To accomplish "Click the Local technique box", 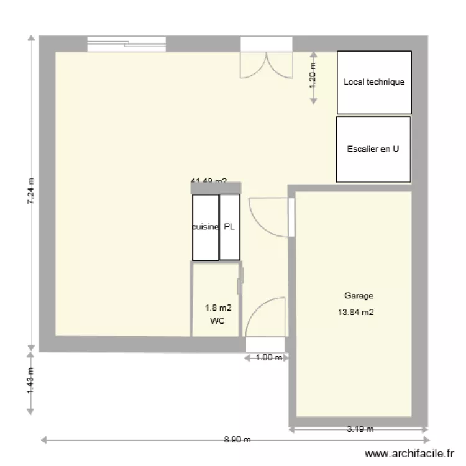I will pyautogui.click(x=373, y=81).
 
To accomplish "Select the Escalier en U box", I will pyautogui.click(x=373, y=149).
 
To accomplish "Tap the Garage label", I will pyautogui.click(x=359, y=296).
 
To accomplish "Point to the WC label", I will pyautogui.click(x=217, y=321).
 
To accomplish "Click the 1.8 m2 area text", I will pyautogui.click(x=217, y=308).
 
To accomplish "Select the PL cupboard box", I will pyautogui.click(x=230, y=227).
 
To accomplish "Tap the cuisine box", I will pyautogui.click(x=206, y=227).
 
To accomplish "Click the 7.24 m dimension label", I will pyautogui.click(x=31, y=193).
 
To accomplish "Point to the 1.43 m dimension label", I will pyautogui.click(x=31, y=383).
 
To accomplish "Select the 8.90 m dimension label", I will pyautogui.click(x=237, y=439).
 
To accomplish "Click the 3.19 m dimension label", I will pyautogui.click(x=360, y=429).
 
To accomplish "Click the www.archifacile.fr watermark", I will pyautogui.click(x=410, y=455).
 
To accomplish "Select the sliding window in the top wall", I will pyautogui.click(x=127, y=43).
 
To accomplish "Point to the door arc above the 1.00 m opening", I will pyautogui.click(x=265, y=318).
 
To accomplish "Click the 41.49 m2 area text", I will pyautogui.click(x=208, y=181).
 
